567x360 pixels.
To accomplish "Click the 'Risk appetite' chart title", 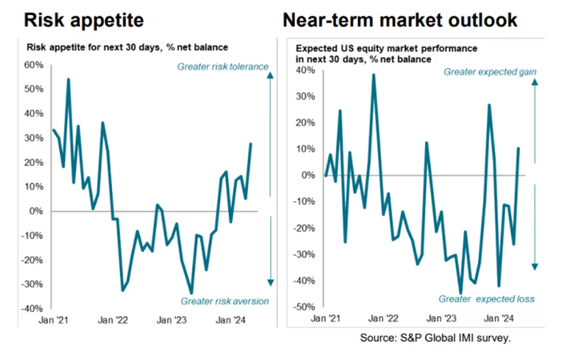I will pos(83,20).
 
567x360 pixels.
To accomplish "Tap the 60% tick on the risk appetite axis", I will pos(33,66).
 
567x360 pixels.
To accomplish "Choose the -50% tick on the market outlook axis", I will pos(306,306).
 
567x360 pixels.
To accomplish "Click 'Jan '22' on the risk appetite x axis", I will pos(113,320).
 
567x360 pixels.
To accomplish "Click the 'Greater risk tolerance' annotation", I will pos(223,67).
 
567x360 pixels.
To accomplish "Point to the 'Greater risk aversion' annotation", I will pos(224,301).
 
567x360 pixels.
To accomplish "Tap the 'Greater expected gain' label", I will pos(490,72).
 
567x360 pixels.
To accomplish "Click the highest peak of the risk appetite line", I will pos(68,79).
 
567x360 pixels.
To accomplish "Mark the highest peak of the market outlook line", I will pos(374,74).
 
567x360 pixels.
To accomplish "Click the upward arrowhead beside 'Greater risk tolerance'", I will pos(271,77).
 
